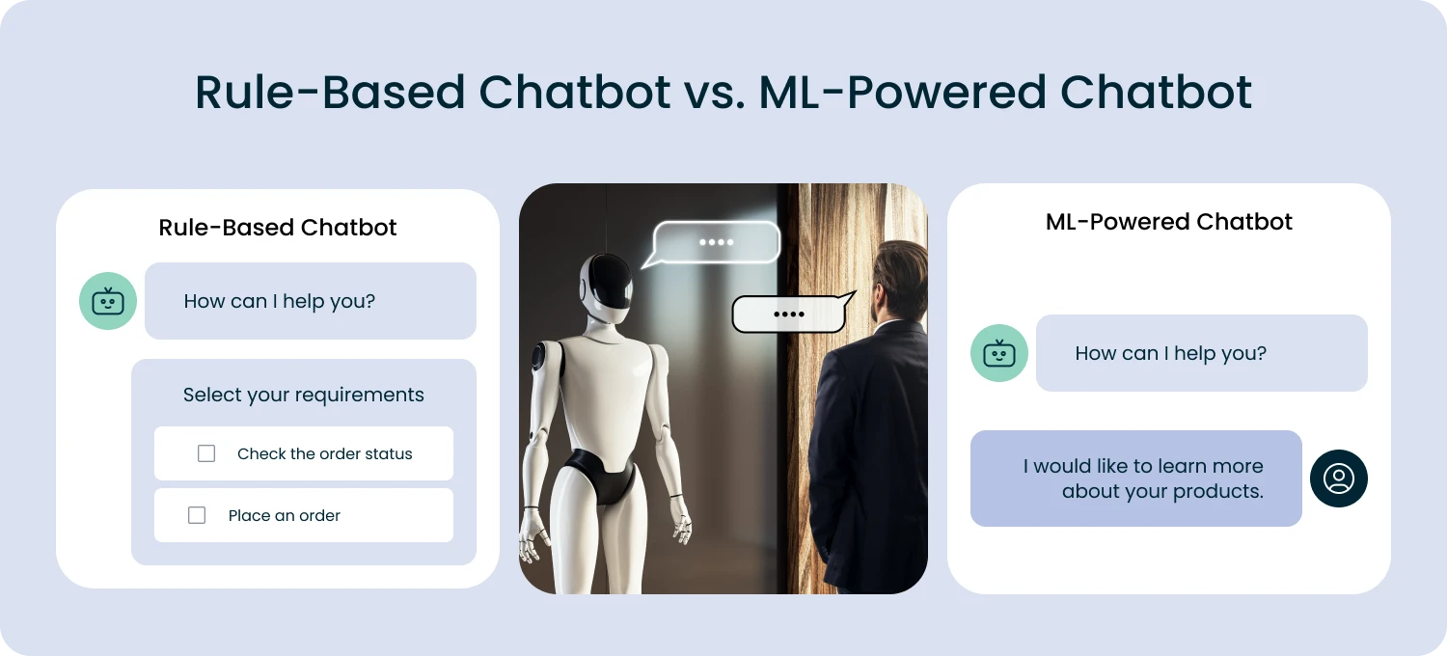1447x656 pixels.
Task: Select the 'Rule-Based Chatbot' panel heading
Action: pos(278,228)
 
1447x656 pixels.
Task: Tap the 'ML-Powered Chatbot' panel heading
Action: pos(1168,222)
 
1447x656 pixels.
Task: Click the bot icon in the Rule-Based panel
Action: pos(108,301)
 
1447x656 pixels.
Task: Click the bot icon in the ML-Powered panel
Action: pos(999,353)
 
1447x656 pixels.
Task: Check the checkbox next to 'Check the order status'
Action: pos(206,453)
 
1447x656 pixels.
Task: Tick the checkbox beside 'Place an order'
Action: pos(197,515)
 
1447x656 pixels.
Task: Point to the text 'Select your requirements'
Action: pos(303,395)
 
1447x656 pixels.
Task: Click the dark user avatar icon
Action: pos(1339,478)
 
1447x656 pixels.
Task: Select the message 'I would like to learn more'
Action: pos(1143,466)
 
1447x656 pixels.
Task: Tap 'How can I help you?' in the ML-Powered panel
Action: pos(1170,353)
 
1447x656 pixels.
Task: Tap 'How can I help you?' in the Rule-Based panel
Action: pos(279,301)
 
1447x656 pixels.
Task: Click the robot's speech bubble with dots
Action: pos(716,242)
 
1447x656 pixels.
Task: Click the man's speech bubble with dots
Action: pos(789,314)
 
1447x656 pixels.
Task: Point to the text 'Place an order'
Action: pos(284,515)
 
